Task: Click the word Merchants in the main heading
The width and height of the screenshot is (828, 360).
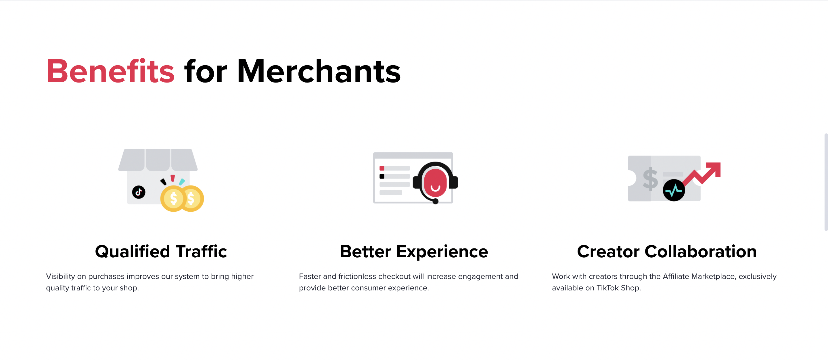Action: (x=319, y=71)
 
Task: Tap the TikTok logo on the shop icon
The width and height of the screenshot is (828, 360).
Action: (x=139, y=192)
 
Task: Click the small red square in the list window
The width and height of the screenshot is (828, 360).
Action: (x=382, y=168)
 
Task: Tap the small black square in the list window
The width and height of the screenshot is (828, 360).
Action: (x=382, y=177)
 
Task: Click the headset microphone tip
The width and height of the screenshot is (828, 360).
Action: (x=436, y=202)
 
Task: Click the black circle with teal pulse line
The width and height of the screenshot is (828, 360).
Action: (x=674, y=190)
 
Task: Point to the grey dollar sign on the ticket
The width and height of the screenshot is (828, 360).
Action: (x=650, y=179)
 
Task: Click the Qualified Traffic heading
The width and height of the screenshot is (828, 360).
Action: (x=161, y=251)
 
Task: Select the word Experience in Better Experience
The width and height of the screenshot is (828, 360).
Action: (x=442, y=251)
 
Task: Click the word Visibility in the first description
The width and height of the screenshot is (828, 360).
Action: (x=60, y=276)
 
